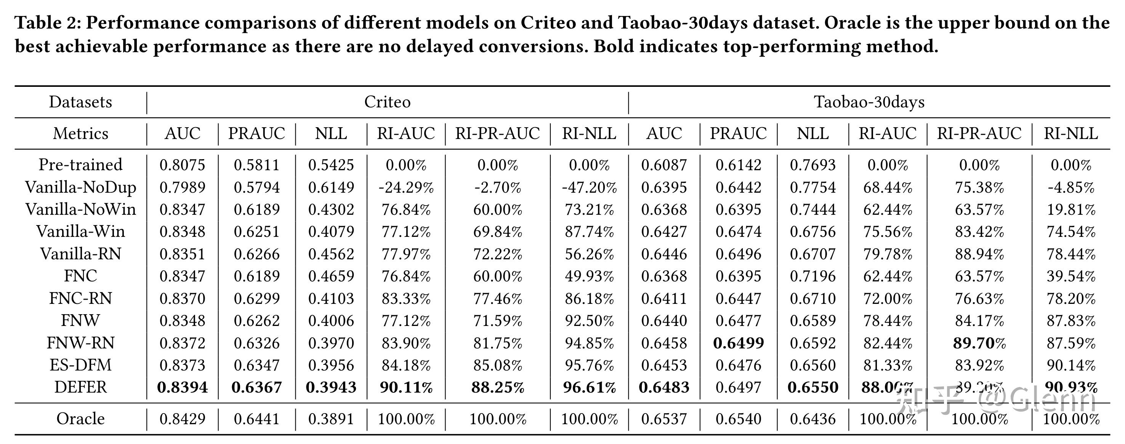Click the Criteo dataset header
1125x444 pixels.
(x=387, y=102)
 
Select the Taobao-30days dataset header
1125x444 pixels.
(x=869, y=102)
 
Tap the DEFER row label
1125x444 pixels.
(x=80, y=387)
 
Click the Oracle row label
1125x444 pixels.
(x=80, y=419)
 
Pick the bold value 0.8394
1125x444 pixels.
(x=182, y=387)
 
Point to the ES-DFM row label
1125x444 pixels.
(x=80, y=365)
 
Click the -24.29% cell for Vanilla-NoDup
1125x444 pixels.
(x=406, y=187)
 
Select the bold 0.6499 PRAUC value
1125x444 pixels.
(x=738, y=343)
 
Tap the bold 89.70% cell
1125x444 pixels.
(x=979, y=343)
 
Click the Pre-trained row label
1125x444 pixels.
(x=80, y=165)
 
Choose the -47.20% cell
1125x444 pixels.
(x=589, y=187)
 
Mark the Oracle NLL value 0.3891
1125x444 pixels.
(x=331, y=419)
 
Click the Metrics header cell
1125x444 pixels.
(x=80, y=134)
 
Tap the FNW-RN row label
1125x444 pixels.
(x=80, y=343)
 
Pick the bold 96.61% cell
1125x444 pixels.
(x=589, y=387)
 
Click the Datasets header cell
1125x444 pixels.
(x=80, y=102)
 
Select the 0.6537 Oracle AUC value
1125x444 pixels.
(x=664, y=419)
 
